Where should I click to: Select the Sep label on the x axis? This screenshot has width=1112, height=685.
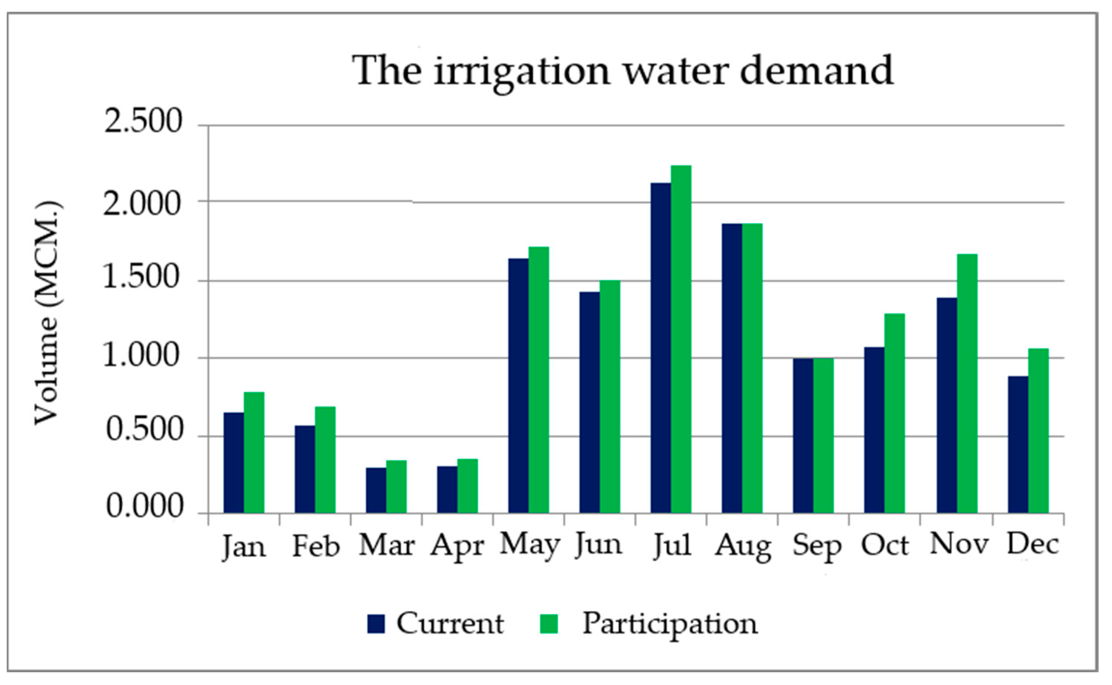pyautogui.click(x=817, y=546)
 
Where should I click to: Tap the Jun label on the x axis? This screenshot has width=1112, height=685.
pyautogui.click(x=599, y=545)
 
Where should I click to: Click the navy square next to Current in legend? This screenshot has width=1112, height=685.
pyautogui.click(x=376, y=624)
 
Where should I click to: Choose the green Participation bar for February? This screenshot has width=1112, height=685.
pyautogui.click(x=325, y=460)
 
